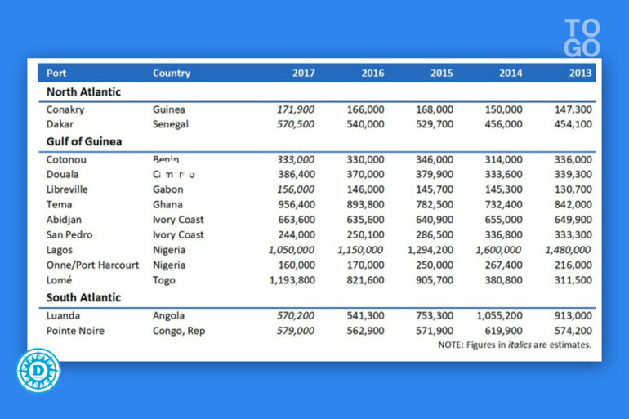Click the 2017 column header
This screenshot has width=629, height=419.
coord(304,74)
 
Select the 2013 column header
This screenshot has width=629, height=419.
coord(581,74)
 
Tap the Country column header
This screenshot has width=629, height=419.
coord(171,74)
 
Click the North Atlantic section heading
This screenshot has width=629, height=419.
coord(83,92)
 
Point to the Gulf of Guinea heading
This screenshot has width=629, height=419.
coord(84,141)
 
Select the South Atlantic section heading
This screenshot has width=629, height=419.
coord(83,298)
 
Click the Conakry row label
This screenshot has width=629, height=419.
coord(65,109)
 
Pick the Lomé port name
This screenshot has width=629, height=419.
coord(60,280)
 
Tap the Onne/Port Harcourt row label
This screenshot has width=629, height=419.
coord(92,265)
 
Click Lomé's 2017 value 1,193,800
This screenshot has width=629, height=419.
coord(292,280)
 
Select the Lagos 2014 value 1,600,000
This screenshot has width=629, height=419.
coord(499,250)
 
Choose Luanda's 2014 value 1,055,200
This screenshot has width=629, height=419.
coord(499,316)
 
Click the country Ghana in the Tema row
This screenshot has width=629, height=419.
coord(167,205)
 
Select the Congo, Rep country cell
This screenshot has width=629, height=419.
coord(180,331)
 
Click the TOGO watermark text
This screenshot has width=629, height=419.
coord(582,38)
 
